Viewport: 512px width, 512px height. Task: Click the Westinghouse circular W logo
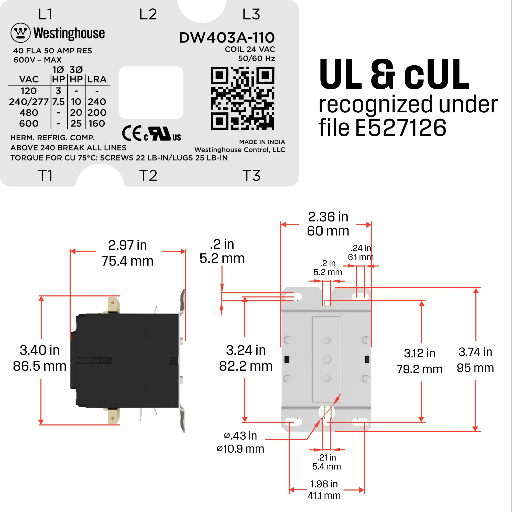20,33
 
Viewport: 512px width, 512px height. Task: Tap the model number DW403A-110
227,38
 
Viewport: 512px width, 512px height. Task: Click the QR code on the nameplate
243,98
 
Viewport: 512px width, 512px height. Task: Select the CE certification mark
132,134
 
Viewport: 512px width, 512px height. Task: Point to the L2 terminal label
148,14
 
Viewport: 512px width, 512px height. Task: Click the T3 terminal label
251,176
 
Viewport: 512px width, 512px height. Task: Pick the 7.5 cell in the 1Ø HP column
58,102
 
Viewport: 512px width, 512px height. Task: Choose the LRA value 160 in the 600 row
97,124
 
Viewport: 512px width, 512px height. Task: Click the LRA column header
97,79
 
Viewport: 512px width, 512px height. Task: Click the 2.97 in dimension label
127,245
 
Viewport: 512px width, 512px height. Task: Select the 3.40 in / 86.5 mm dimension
40,358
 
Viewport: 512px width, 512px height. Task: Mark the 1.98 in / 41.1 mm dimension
324,489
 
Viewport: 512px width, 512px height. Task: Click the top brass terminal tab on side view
113,305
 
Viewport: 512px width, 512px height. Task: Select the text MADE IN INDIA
262,142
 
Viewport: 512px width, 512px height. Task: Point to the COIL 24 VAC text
250,49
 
